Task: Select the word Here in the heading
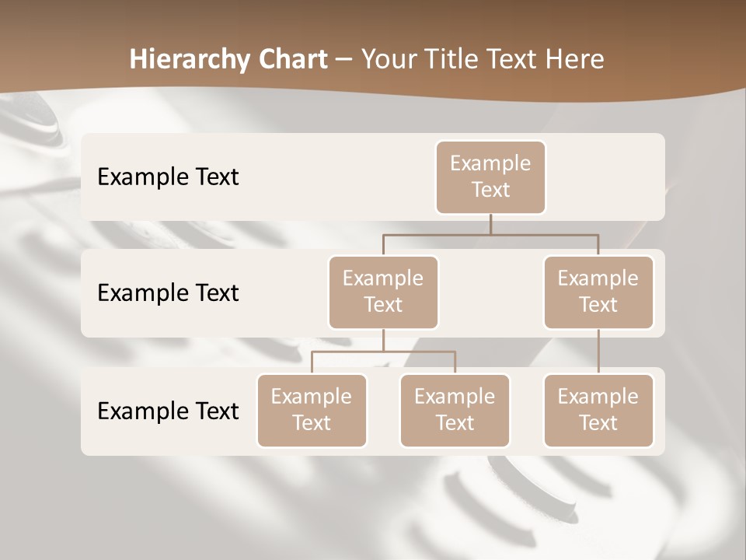(x=575, y=59)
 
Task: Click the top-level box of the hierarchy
(x=490, y=177)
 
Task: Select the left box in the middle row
(x=383, y=292)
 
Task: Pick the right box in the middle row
(x=598, y=292)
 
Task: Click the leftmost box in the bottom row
(x=312, y=411)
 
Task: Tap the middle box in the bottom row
(x=455, y=411)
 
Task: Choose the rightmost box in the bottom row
(x=598, y=411)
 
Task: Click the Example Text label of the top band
(x=168, y=177)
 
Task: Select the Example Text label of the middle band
(x=168, y=293)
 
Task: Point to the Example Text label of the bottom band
(x=168, y=411)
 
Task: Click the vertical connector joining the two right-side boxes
(x=598, y=352)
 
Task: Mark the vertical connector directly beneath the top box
(x=490, y=224)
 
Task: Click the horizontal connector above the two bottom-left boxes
(x=383, y=352)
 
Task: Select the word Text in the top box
(x=490, y=190)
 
